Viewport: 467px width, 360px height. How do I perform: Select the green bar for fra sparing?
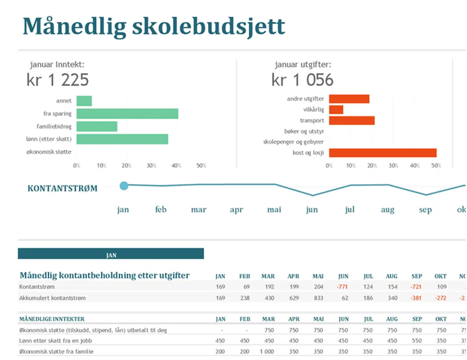point(127,114)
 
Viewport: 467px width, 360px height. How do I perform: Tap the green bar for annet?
point(84,101)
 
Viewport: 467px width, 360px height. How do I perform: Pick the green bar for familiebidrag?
point(97,126)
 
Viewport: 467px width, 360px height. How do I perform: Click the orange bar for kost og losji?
point(383,153)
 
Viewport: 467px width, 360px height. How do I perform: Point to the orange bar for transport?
point(352,121)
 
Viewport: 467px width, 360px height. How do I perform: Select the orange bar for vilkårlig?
point(336,110)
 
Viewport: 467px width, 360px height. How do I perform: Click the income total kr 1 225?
point(58,80)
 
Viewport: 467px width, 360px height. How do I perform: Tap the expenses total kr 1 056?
point(302,80)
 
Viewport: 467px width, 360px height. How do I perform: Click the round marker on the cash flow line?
point(124,185)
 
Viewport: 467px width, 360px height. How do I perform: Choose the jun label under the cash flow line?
point(312,210)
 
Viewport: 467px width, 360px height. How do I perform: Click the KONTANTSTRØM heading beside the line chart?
point(62,189)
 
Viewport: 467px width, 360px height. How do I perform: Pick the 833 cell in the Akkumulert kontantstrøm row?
point(318,298)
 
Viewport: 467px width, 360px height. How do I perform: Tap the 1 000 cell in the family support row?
point(268,351)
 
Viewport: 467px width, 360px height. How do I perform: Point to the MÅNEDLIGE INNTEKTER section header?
point(52,319)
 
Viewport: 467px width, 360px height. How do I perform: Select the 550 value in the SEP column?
point(417,341)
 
